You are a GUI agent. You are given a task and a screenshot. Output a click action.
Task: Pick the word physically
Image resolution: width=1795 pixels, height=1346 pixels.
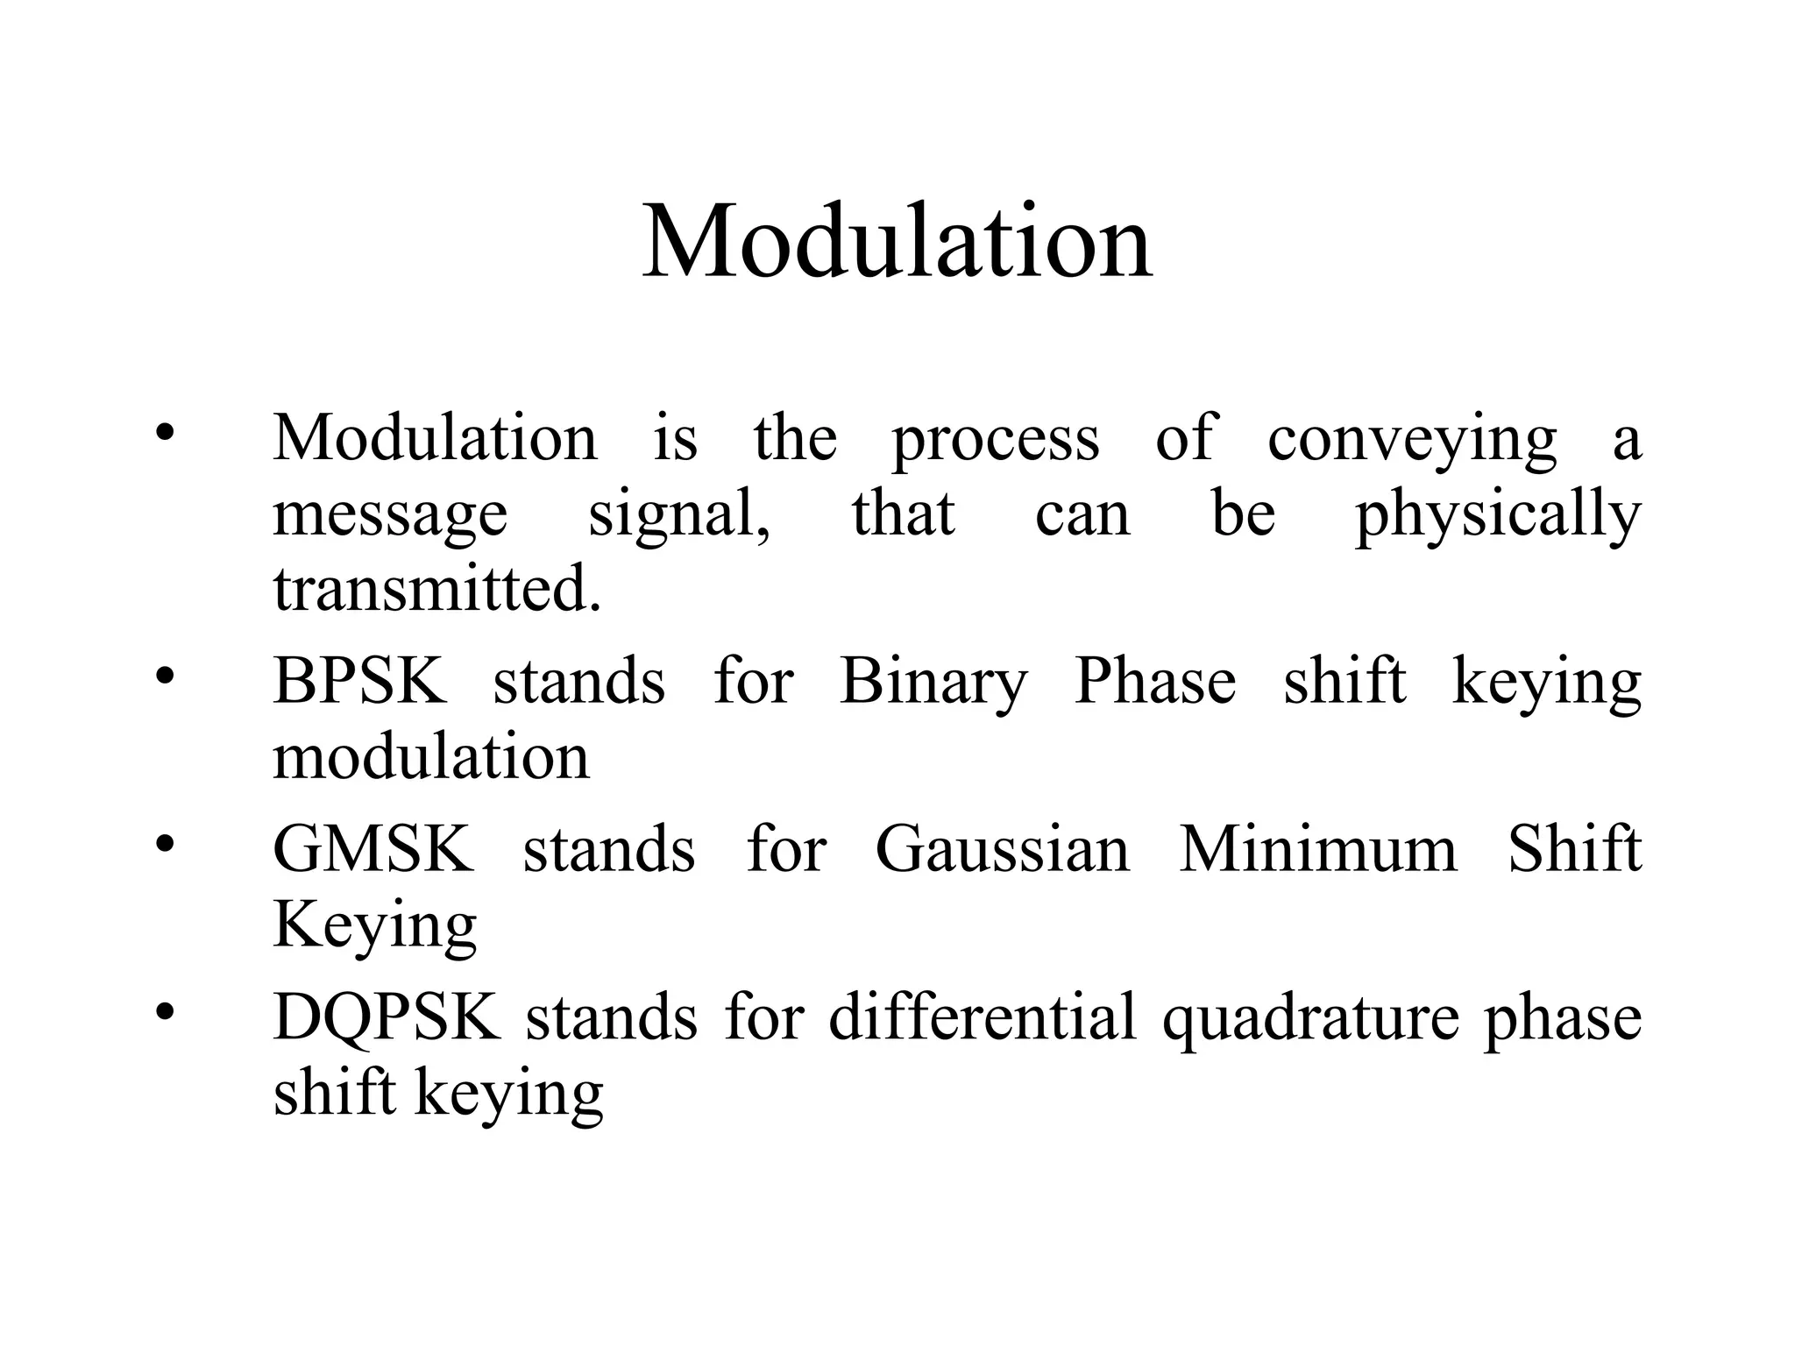1497,515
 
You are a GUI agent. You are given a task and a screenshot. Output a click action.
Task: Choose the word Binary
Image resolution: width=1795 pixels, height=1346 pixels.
933,682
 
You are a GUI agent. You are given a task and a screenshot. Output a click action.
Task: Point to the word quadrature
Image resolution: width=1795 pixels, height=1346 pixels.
1310,1018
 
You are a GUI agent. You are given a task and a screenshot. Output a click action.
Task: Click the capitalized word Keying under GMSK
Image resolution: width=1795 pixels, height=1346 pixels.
374,925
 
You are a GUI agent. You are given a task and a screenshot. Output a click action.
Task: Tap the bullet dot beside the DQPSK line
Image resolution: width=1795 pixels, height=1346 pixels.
165,1012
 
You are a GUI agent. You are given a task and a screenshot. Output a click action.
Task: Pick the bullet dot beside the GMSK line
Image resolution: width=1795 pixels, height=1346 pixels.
165,844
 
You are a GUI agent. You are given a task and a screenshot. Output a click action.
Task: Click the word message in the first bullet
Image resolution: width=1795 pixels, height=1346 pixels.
390,515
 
